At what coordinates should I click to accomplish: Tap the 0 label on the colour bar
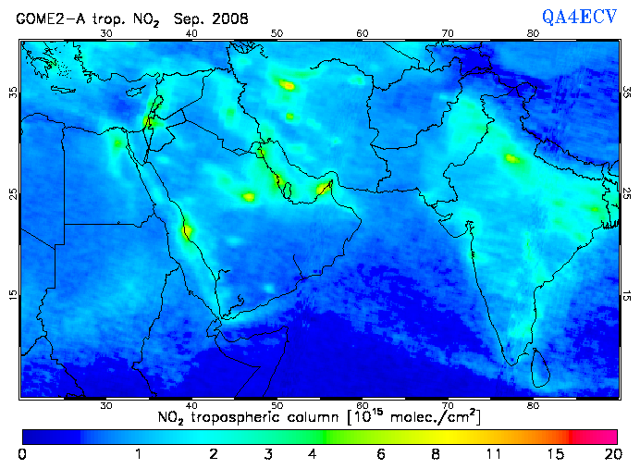[21, 454]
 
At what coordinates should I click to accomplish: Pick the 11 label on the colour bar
[495, 454]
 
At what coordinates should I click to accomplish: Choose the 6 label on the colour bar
[382, 454]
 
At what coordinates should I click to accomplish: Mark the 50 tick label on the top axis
[277, 33]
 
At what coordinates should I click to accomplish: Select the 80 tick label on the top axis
[533, 33]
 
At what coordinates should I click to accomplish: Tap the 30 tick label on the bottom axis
[106, 406]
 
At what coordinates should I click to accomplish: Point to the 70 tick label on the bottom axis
[448, 406]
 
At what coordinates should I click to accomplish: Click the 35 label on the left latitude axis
[13, 93]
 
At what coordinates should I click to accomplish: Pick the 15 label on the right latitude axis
[626, 295]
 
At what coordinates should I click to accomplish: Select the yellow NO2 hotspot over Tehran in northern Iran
[288, 85]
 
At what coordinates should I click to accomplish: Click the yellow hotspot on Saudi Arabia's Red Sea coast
[187, 229]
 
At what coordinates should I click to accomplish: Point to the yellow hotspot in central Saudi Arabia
[248, 196]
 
